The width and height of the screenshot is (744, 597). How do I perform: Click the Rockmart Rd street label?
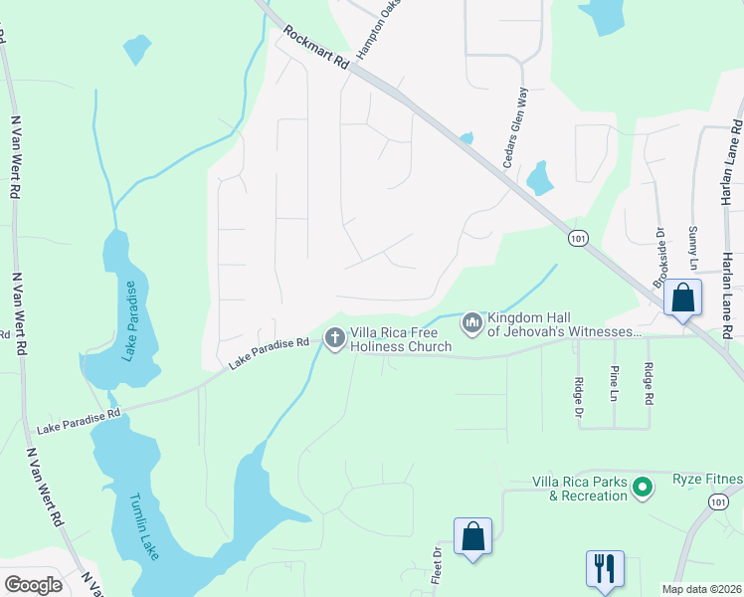[x=317, y=48]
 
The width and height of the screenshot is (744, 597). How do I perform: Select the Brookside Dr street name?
[x=659, y=257]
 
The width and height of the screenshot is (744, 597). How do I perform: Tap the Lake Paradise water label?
[x=128, y=319]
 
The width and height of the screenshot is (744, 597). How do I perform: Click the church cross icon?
[x=335, y=339]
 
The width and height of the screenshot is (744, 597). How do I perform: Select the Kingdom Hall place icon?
[x=470, y=322]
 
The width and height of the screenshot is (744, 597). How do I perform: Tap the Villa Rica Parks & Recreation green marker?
[x=643, y=488]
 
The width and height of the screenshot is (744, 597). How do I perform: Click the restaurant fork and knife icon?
[x=605, y=568]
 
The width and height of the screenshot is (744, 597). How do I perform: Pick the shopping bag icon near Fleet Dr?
[x=473, y=536]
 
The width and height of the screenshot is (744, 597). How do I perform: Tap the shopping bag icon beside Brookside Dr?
[x=683, y=297]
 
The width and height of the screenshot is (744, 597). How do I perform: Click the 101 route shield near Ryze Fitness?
[x=718, y=503]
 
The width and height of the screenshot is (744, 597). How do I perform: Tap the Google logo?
[x=33, y=584]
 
